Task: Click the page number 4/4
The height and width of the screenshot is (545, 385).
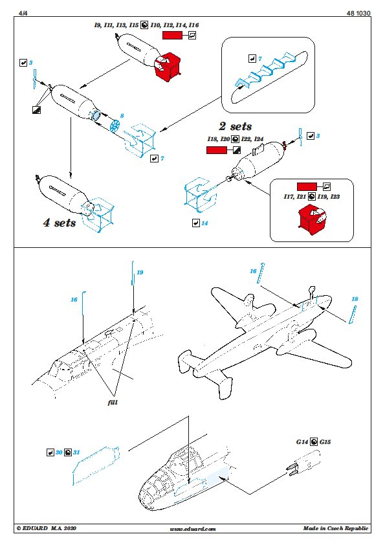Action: [x=23, y=13]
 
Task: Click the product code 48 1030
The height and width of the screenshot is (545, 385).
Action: [x=358, y=13]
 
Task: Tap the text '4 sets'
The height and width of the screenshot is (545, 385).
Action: [x=60, y=223]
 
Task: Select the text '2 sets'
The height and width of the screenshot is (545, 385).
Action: [x=236, y=126]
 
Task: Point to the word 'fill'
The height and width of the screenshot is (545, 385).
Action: [x=113, y=402]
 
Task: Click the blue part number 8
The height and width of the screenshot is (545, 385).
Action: [x=122, y=116]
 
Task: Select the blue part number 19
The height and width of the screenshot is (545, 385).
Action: [x=140, y=272]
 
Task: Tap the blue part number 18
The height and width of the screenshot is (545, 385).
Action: [x=355, y=299]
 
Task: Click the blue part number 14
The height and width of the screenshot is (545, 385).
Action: [x=204, y=223]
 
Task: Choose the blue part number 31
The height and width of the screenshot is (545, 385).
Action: [x=76, y=452]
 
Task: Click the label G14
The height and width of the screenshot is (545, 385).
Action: [x=302, y=442]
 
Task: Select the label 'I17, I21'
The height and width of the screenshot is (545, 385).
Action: [x=294, y=196]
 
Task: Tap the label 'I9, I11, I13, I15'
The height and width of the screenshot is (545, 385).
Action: [x=116, y=25]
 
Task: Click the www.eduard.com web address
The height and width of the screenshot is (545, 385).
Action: [x=193, y=529]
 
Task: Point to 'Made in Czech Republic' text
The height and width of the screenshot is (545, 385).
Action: [x=335, y=528]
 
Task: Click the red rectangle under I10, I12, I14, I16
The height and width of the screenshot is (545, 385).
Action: [x=172, y=35]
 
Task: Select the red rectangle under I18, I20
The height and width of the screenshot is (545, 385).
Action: [x=216, y=150]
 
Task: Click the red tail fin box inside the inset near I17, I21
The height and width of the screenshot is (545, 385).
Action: [x=312, y=217]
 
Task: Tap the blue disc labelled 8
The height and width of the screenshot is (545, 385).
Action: [x=115, y=126]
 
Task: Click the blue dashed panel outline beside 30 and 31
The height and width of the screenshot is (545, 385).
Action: [x=96, y=466]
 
